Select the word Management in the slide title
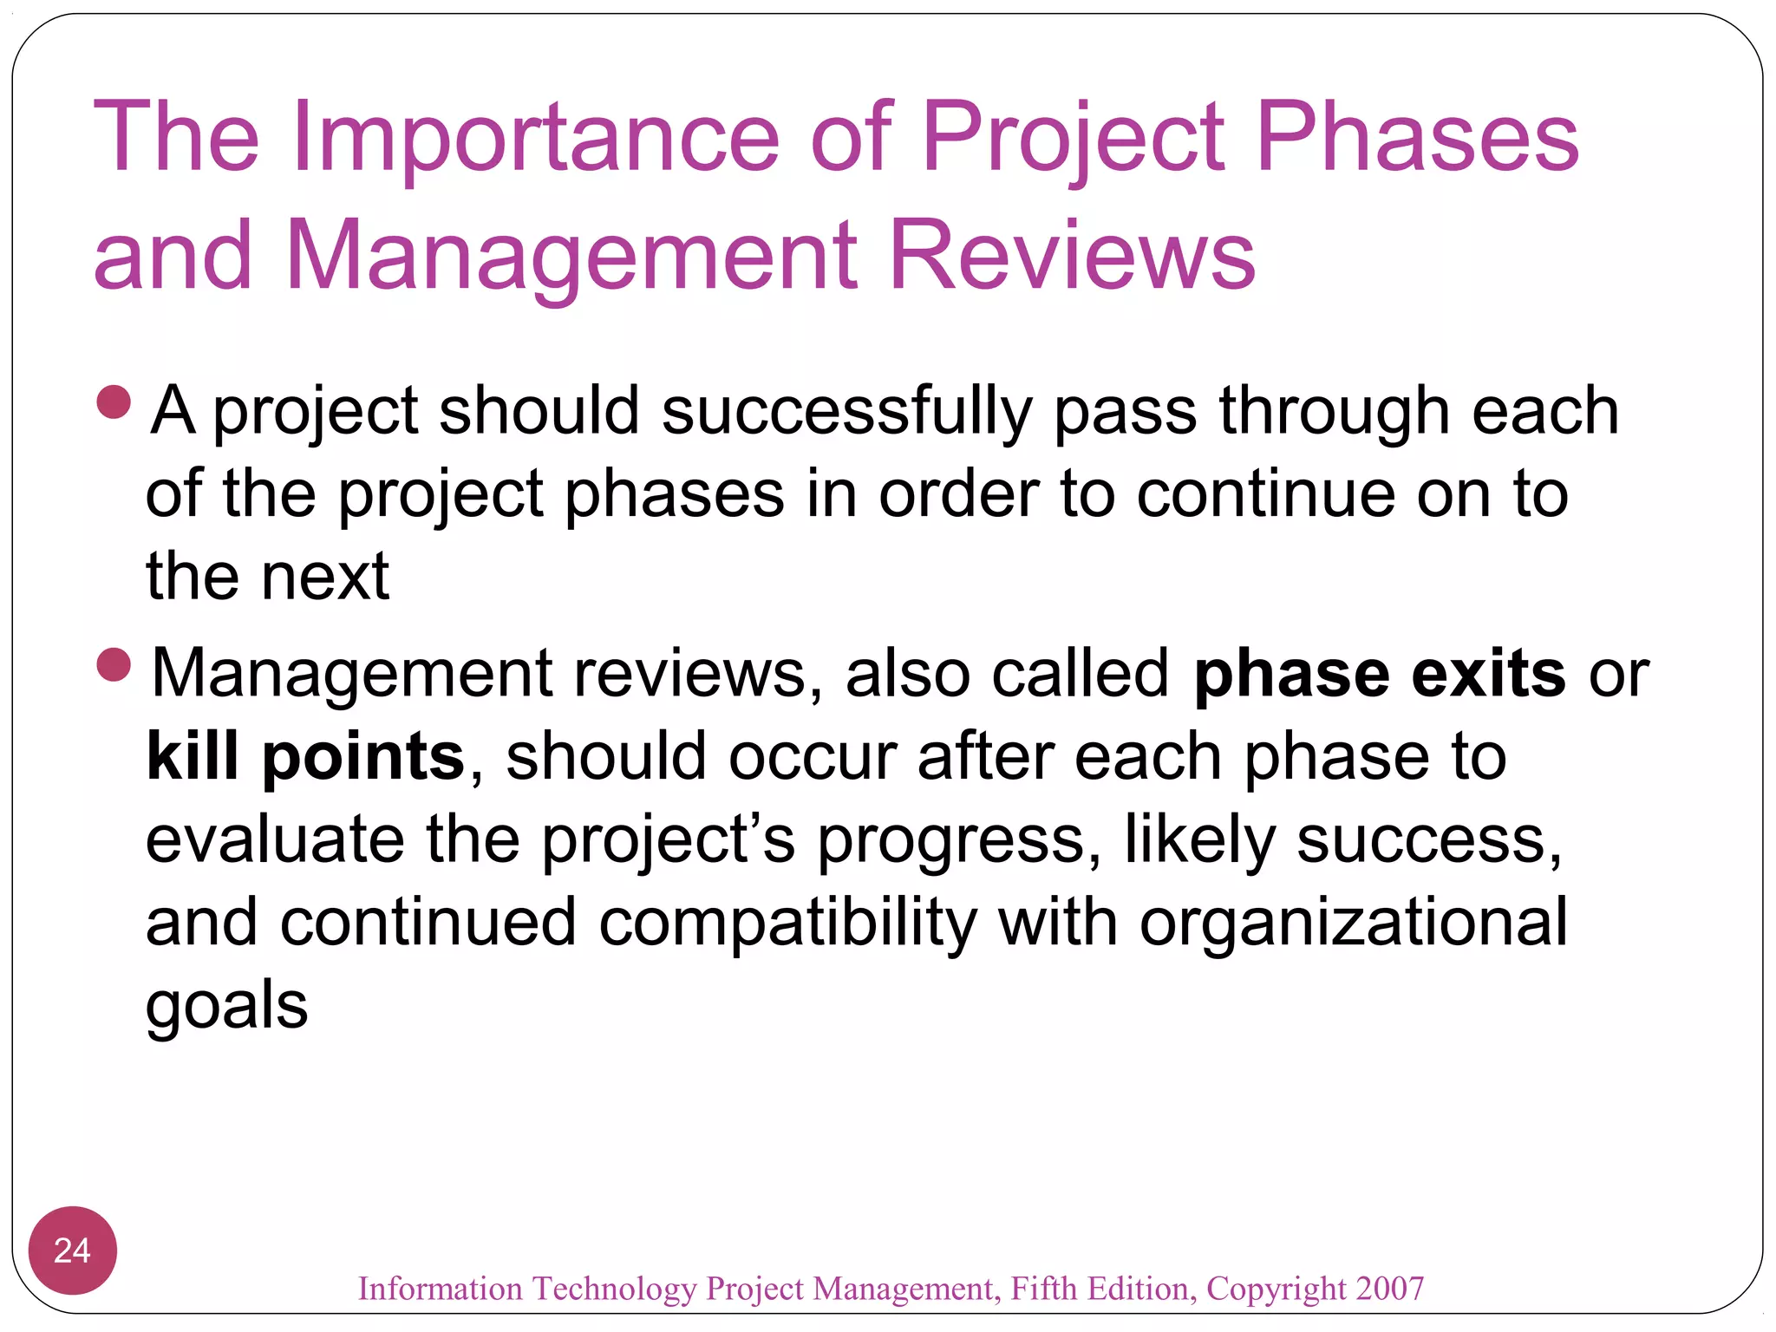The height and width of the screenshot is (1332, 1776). pyautogui.click(x=571, y=255)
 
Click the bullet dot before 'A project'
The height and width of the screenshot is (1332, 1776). pyautogui.click(x=114, y=402)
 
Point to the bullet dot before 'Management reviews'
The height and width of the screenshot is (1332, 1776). pyautogui.click(x=114, y=665)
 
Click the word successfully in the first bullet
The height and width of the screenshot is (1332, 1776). pyautogui.click(x=847, y=411)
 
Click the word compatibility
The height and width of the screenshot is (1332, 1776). pyautogui.click(x=787, y=923)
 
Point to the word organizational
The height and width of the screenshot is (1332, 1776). pyautogui.click(x=1353, y=923)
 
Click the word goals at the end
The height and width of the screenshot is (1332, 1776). pyautogui.click(x=227, y=1006)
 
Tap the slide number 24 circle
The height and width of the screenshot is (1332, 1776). pyautogui.click(x=72, y=1250)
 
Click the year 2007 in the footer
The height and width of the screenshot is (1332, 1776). pyautogui.click(x=1389, y=1289)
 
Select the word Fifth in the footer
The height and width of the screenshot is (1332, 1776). pyautogui.click(x=1045, y=1289)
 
